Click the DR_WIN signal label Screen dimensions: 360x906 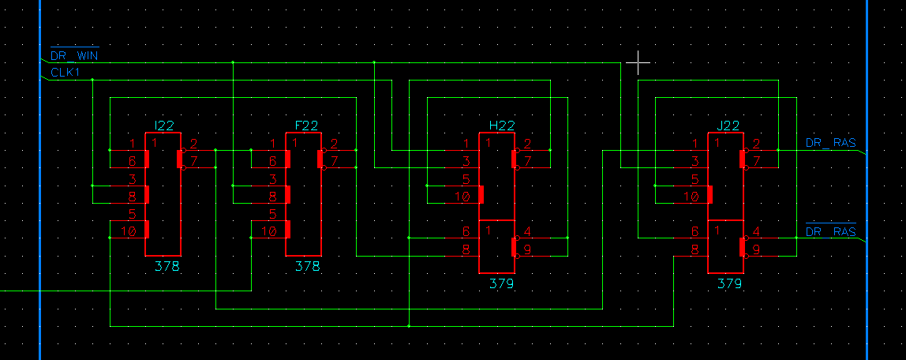tap(74, 56)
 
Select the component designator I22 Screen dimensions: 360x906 tap(165, 126)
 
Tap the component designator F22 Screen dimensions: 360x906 tap(306, 126)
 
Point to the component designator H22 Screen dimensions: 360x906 tap(502, 126)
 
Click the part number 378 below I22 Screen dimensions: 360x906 tap(167, 267)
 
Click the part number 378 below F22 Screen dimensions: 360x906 tap(308, 267)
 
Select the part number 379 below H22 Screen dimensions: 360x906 tap(502, 283)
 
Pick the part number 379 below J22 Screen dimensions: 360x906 tap(729, 283)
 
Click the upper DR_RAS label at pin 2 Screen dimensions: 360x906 tap(830, 144)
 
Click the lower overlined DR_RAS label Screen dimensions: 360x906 tap(830, 232)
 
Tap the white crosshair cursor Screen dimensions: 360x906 tap(638, 61)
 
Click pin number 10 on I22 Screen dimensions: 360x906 tap(128, 231)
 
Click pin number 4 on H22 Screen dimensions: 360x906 tap(527, 232)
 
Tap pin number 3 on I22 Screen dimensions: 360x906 tap(133, 179)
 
